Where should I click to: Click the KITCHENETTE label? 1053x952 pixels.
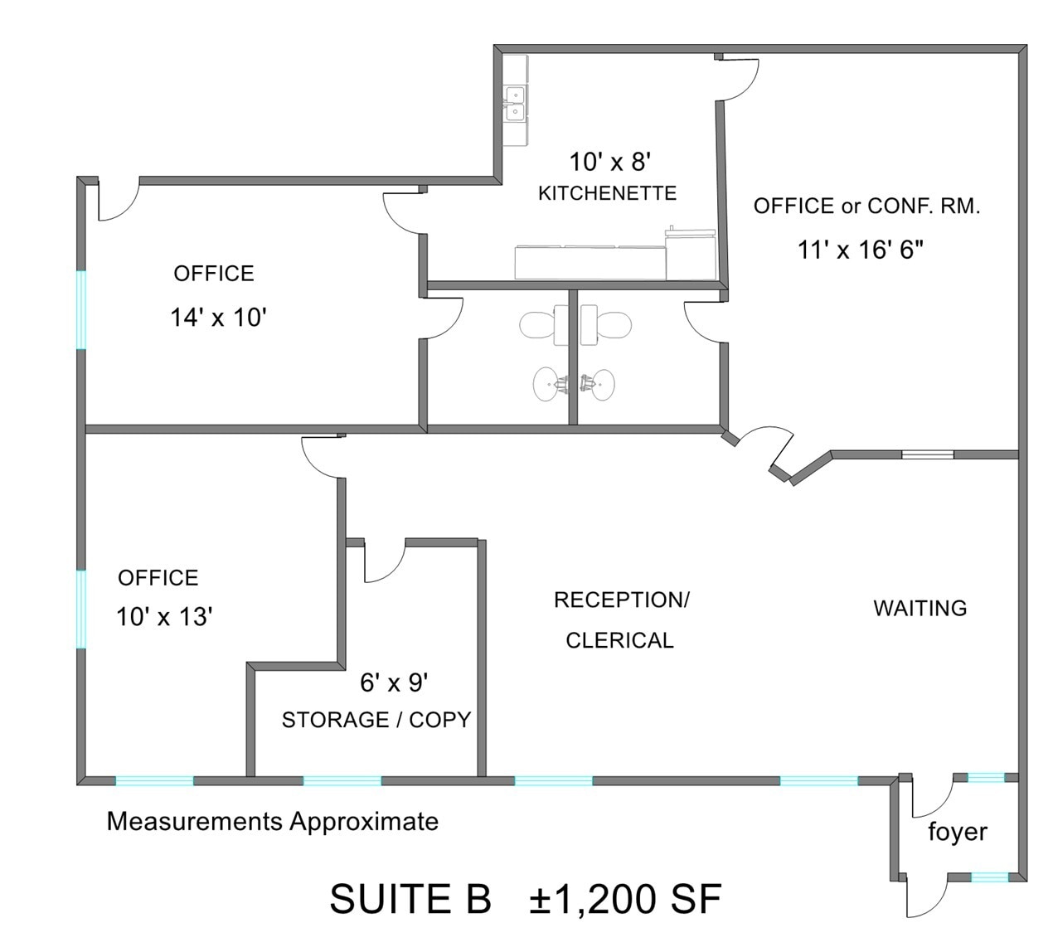pyautogui.click(x=607, y=193)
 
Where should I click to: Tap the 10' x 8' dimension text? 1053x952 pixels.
pyautogui.click(x=614, y=162)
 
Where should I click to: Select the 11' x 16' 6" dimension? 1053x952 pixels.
pyautogui.click(x=860, y=249)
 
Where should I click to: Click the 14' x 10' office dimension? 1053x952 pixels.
pyautogui.click(x=217, y=318)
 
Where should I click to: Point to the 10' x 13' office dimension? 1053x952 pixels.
pyautogui.click(x=164, y=617)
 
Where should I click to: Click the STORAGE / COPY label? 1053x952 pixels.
pyautogui.click(x=376, y=720)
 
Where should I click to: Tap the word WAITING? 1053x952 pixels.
pyautogui.click(x=920, y=609)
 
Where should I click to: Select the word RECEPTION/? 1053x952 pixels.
pyautogui.click(x=621, y=600)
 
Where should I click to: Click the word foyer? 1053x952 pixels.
pyautogui.click(x=957, y=832)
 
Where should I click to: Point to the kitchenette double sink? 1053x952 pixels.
pyautogui.click(x=515, y=104)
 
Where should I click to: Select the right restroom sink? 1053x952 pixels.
pyautogui.click(x=598, y=384)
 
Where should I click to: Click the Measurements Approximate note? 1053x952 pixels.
pyautogui.click(x=272, y=822)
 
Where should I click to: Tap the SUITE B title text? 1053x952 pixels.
pyautogui.click(x=410, y=900)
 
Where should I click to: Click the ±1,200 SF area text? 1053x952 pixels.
pyautogui.click(x=625, y=900)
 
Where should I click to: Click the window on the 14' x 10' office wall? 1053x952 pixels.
pyautogui.click(x=81, y=310)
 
